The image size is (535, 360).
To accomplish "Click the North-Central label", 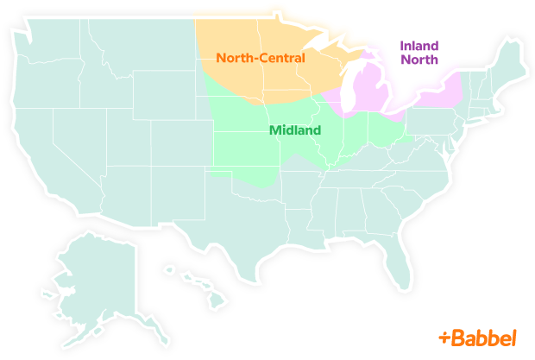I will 261,59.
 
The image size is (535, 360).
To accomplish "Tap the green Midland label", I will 294,131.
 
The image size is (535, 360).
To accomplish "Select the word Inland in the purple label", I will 419,45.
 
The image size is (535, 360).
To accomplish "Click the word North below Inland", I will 419,60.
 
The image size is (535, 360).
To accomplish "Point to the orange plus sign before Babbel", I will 444,337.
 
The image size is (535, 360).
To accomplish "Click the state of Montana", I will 138,52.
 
